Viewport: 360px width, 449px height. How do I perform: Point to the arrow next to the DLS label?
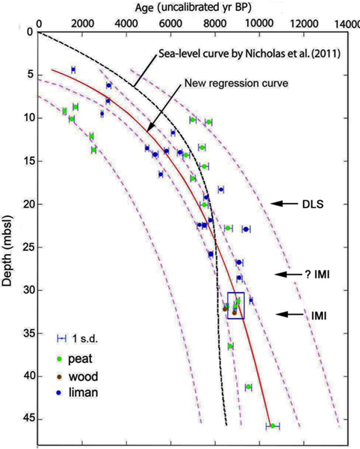tap(284, 204)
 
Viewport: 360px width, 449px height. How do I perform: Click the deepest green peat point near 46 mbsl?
tap(272, 426)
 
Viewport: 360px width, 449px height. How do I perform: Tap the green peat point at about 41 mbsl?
tap(249, 387)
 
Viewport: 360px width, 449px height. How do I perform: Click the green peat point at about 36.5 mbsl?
tap(230, 346)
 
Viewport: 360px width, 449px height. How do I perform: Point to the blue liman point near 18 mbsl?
tap(221, 190)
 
